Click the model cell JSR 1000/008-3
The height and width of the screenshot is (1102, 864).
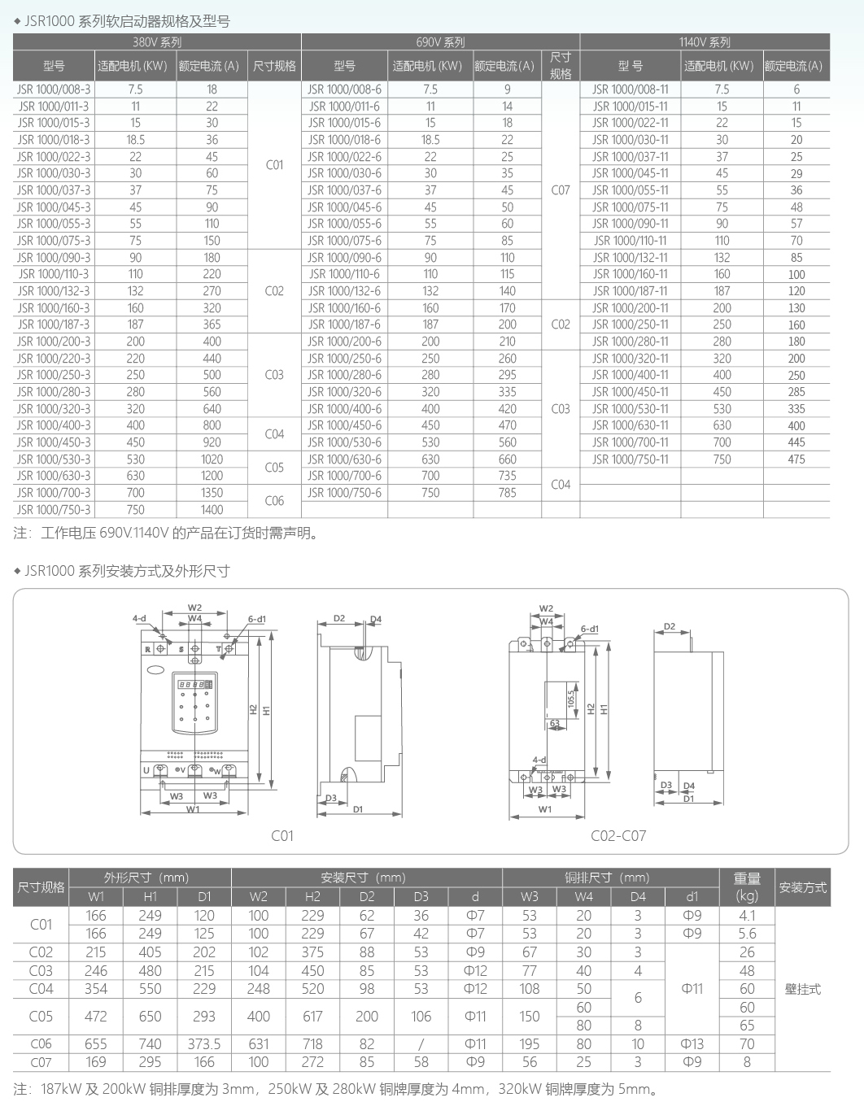54,89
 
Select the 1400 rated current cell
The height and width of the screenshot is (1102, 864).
212,510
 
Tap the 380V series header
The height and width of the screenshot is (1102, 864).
157,42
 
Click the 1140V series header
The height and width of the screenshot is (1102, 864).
705,42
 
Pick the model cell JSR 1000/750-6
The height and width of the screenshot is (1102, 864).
344,493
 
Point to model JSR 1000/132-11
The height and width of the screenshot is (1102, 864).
630,258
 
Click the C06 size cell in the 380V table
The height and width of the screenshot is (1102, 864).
274,501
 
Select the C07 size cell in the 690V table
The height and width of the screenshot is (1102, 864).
561,190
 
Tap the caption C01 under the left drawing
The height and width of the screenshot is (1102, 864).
282,835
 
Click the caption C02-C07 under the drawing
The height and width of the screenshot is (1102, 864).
618,835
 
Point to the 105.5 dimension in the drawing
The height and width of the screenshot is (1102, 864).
571,699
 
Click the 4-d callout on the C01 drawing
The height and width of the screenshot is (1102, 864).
139,619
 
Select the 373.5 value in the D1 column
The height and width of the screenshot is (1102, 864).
204,1043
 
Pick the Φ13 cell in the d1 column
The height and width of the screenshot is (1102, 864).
692,1043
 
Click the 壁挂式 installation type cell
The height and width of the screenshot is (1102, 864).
802,989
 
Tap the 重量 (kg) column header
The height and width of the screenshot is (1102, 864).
747,886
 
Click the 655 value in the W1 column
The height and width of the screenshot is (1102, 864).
96,1043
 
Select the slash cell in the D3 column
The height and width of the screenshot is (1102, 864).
421,1043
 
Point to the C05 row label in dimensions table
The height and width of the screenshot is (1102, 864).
41,1016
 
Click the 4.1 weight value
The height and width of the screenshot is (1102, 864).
747,916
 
